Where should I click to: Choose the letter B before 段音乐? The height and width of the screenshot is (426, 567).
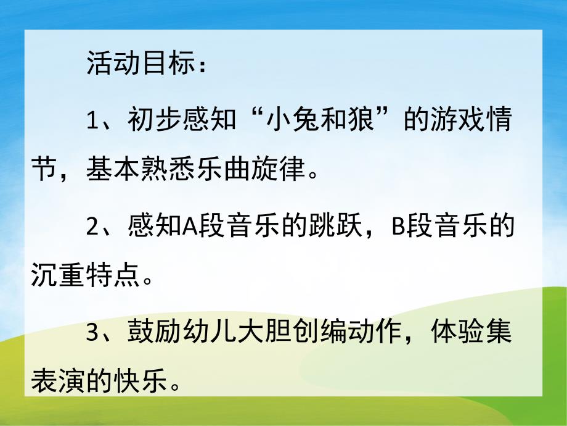coord(398,228)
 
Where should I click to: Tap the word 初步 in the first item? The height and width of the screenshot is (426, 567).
coord(153,120)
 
